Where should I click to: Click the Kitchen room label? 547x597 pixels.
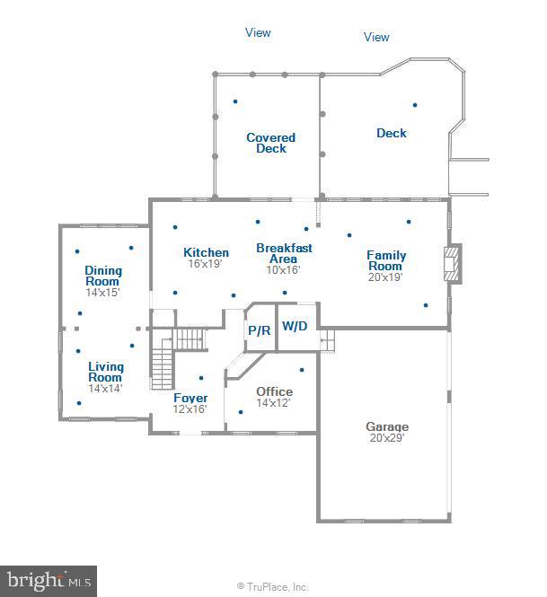[x=206, y=252]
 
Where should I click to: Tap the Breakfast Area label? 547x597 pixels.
[x=284, y=252]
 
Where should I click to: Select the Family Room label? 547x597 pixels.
[x=386, y=260]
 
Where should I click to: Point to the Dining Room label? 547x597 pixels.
[x=103, y=276]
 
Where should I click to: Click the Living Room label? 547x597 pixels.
[x=105, y=371]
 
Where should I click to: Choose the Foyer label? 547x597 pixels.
[x=190, y=398]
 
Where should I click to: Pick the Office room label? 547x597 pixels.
[x=274, y=391]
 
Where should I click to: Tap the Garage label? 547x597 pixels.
[x=387, y=426]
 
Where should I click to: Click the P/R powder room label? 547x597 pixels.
[x=260, y=330]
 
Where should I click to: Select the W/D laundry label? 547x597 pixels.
[x=295, y=326]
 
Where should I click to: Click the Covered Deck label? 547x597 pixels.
[x=270, y=143]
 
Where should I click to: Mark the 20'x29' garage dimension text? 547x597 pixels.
[x=387, y=438]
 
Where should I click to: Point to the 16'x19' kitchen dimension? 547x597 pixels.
[x=205, y=264]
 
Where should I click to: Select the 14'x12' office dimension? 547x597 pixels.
[x=274, y=403]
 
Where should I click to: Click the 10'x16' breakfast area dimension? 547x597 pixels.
[x=283, y=269]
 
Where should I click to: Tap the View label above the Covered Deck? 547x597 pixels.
[x=258, y=32]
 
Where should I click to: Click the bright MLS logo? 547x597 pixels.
[x=49, y=580]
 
